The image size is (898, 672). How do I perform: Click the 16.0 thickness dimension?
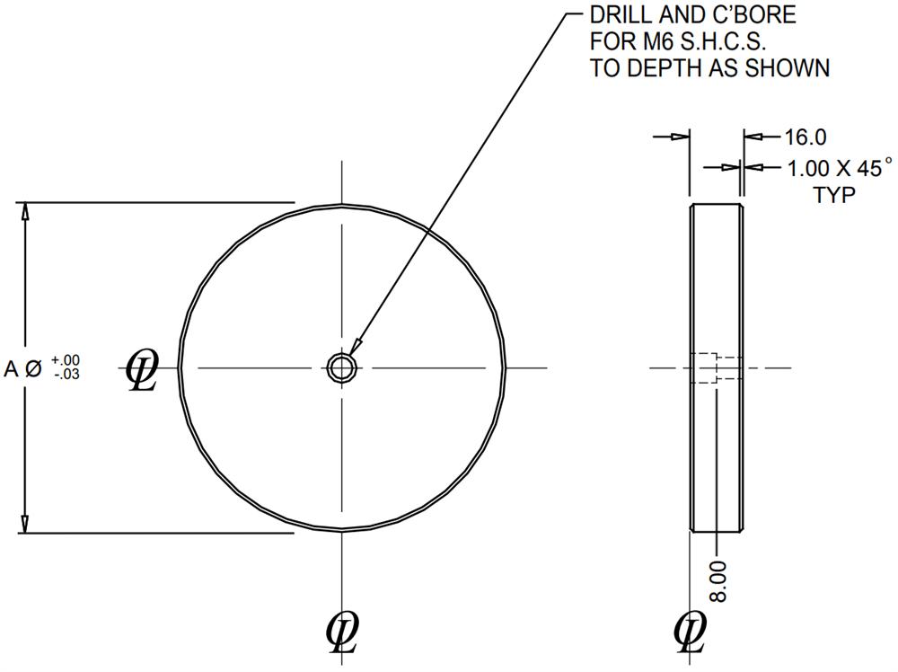(805, 137)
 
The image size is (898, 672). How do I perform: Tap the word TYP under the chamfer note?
(834, 195)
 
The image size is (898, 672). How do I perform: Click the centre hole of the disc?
(342, 367)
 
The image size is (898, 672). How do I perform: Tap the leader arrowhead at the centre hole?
(356, 347)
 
